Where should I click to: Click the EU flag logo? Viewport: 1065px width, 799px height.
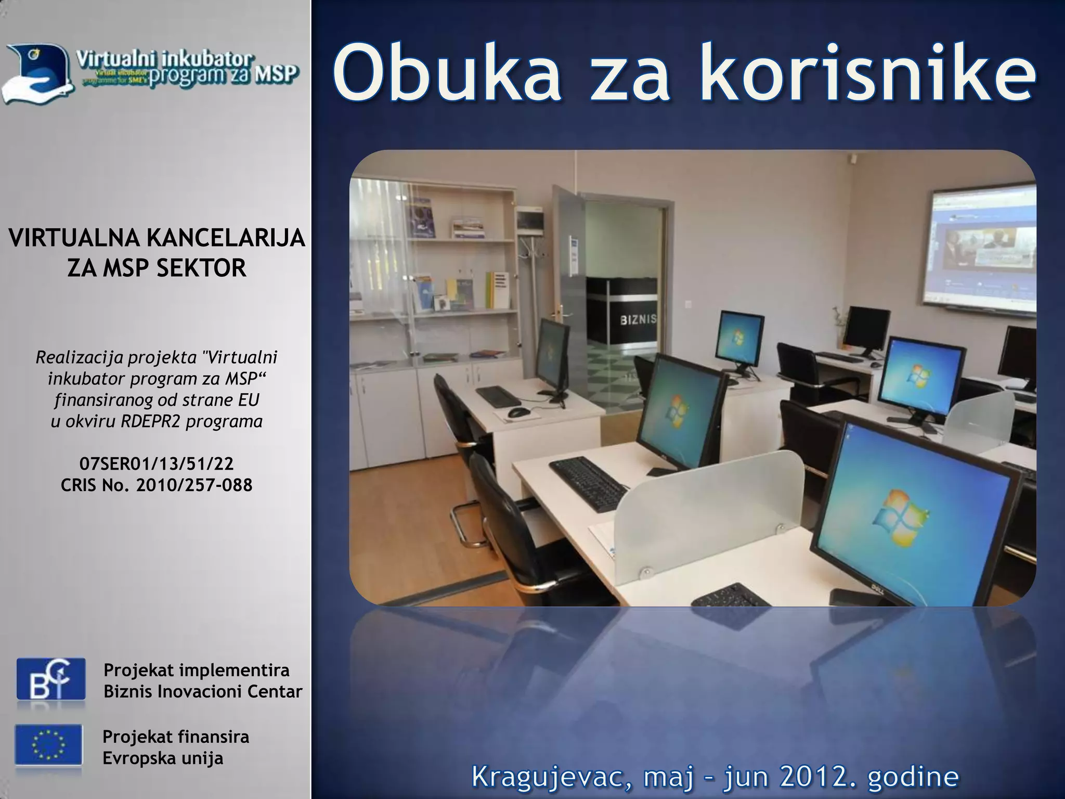click(48, 745)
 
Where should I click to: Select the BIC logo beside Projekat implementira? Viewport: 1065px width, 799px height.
click(51, 679)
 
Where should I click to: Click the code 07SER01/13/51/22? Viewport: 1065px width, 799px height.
click(157, 463)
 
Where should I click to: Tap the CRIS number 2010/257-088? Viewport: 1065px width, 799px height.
click(194, 485)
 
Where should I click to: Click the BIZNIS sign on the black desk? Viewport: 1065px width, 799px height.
click(638, 319)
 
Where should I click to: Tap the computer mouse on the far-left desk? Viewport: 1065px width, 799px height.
click(518, 413)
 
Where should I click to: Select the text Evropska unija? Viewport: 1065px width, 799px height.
click(163, 758)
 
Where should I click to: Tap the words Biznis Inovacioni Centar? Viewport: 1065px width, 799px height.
click(203, 691)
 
